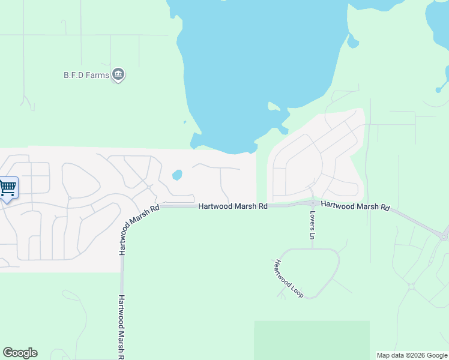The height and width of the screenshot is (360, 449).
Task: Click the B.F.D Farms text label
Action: tap(86, 75)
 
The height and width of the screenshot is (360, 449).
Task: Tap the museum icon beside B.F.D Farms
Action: tap(119, 74)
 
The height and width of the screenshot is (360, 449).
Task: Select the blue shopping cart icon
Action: tap(8, 188)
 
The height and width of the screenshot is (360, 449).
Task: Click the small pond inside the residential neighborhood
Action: tap(177, 175)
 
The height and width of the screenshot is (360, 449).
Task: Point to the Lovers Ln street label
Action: tap(313, 225)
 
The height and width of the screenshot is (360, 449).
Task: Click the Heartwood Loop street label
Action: tap(289, 278)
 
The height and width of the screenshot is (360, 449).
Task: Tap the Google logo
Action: tap(20, 353)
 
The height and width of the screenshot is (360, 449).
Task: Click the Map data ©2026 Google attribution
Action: tap(411, 355)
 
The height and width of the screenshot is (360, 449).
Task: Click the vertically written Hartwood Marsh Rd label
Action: tap(121, 326)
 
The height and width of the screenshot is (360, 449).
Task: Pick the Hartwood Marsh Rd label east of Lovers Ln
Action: tap(355, 206)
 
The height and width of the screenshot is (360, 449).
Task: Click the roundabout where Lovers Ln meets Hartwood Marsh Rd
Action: tap(313, 203)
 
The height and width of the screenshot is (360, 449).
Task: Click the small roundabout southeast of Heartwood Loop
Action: tap(411, 287)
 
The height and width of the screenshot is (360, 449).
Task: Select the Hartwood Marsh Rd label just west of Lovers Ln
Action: tap(233, 206)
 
